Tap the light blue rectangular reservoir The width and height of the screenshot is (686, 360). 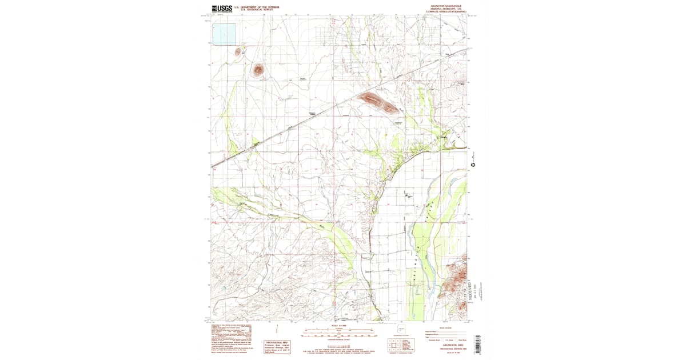pos(224,34)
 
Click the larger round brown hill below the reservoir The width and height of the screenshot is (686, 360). pos(258,70)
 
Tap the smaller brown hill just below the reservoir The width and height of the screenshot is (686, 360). pos(238,52)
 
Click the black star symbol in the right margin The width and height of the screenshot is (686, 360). pos(473,165)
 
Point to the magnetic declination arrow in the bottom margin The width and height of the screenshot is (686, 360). pos(276,330)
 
